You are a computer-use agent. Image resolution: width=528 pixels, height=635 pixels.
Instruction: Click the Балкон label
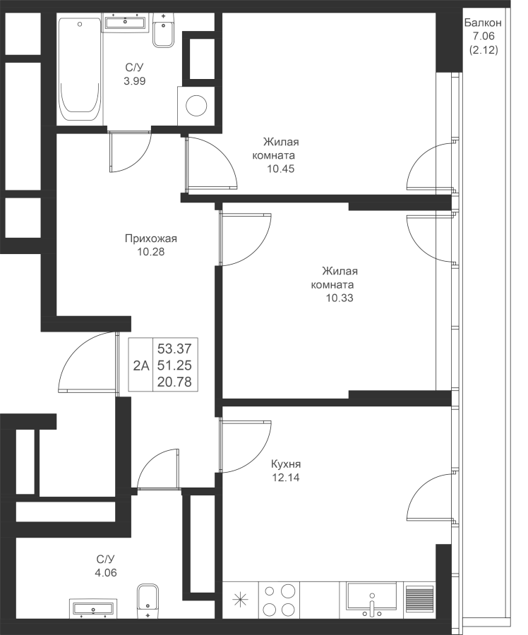[484, 24]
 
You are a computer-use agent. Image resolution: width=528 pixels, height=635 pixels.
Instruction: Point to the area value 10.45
[280, 169]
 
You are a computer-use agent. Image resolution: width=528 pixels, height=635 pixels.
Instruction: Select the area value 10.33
[340, 298]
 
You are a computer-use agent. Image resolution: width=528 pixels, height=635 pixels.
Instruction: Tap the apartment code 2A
[141, 365]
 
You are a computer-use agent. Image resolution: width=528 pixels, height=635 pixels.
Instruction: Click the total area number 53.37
[174, 348]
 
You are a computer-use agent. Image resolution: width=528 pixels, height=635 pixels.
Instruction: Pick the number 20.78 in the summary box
[174, 382]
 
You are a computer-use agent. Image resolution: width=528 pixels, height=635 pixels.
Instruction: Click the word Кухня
[286, 464]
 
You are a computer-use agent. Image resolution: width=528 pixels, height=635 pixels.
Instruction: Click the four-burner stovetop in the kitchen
[279, 600]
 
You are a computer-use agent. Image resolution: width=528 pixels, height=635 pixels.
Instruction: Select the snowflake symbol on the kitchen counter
[241, 600]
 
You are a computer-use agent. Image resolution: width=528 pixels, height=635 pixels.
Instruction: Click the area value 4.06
[107, 572]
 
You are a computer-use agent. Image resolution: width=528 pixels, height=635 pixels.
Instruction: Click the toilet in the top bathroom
[162, 32]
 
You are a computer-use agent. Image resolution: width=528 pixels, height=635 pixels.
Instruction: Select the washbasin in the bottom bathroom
[92, 607]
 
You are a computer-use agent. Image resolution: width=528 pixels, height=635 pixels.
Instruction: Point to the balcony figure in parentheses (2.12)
[484, 49]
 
